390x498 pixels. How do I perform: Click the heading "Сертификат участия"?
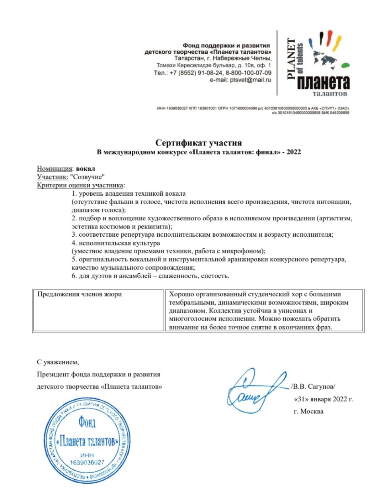198,143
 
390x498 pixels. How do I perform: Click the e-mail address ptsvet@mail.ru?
250,80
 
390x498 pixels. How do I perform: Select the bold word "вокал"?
86,169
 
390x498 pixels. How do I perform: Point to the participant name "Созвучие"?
87,177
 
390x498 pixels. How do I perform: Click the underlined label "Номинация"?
55,169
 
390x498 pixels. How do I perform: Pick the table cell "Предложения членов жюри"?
80,294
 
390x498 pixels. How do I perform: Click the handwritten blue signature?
255,390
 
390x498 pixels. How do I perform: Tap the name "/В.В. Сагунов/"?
313,386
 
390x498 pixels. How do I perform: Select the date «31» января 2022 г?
324,399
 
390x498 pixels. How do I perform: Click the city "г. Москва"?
308,411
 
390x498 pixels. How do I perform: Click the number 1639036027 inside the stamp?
87,462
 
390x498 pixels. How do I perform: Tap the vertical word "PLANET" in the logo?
292,58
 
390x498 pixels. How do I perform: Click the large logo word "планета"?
323,82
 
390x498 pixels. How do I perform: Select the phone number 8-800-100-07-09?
249,73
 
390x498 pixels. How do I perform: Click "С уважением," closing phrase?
58,362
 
